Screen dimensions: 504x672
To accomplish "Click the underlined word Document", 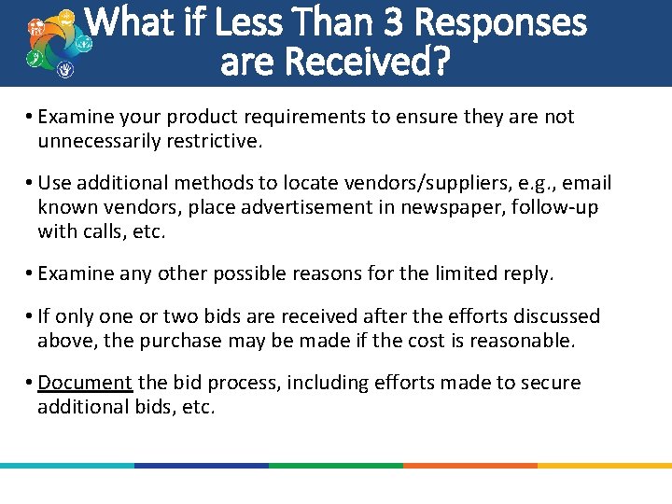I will [87, 383].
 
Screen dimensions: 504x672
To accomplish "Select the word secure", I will [553, 383].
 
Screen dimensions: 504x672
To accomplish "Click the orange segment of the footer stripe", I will [470, 465].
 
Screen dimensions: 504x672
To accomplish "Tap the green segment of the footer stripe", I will [336, 465].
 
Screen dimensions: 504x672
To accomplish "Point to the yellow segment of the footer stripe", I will [605, 465].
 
